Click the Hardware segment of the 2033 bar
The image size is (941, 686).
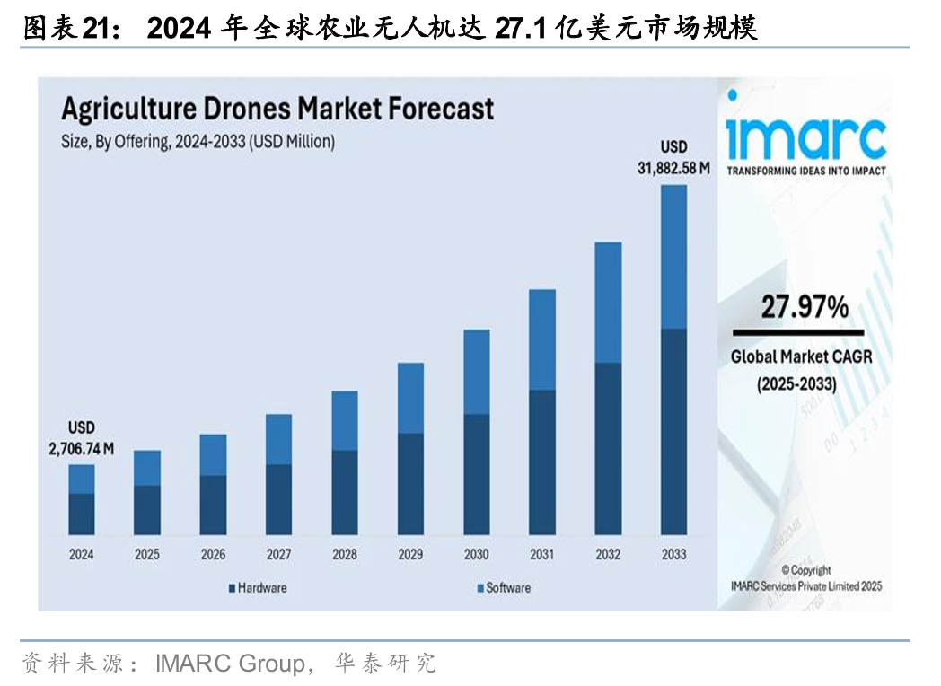tap(673, 431)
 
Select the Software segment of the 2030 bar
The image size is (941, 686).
tap(476, 372)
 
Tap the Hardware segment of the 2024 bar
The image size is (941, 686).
tap(82, 514)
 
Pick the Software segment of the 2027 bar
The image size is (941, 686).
tap(278, 439)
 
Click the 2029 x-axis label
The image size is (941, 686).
tap(410, 555)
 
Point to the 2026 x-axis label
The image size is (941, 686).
tap(213, 555)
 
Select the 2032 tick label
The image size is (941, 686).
tap(608, 555)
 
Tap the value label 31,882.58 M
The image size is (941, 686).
tap(673, 169)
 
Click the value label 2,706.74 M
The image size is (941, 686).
tap(82, 450)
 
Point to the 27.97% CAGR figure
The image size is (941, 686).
tap(805, 309)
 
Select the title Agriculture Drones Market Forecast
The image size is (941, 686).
tap(277, 110)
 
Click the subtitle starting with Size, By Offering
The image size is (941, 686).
tap(198, 141)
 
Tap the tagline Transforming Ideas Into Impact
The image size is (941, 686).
tap(805, 171)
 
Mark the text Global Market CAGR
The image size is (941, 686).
tap(801, 356)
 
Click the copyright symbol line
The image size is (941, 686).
tap(805, 570)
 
